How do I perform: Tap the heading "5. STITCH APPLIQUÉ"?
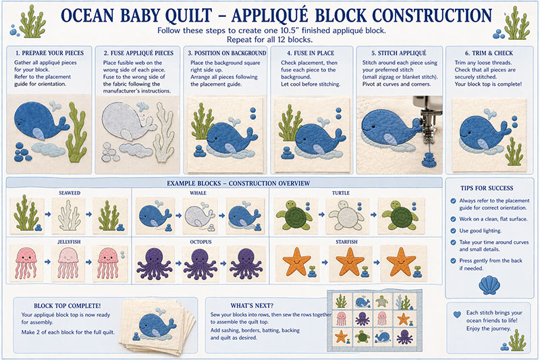pyautogui.click(x=399, y=53)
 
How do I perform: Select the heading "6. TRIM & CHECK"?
pyautogui.click(x=488, y=53)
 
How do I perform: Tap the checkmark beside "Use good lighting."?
pyautogui.click(x=453, y=231)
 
